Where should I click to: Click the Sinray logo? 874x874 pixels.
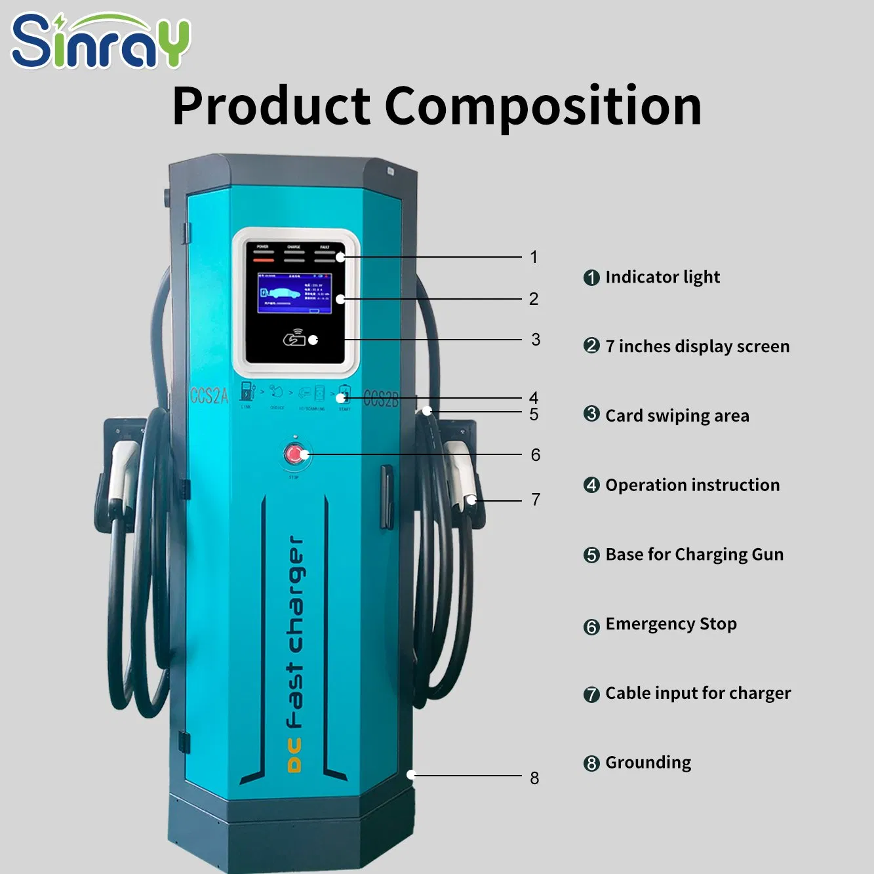pos(100,41)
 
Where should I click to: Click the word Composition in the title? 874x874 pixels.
pos(543,106)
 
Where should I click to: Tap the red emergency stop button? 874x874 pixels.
pos(294,454)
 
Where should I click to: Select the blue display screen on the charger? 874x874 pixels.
pos(294,292)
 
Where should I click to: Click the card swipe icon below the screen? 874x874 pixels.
pos(294,339)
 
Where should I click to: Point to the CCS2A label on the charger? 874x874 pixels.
pos(209,396)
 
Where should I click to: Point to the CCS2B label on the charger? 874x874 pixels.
pos(380,399)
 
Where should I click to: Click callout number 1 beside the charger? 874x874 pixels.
pos(534,257)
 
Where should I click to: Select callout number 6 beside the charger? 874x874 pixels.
pos(535,455)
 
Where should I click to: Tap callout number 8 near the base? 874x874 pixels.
pos(534,778)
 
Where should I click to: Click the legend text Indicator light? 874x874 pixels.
pos(662,277)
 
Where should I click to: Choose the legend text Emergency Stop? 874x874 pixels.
pos(671,624)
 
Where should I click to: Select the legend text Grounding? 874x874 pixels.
pos(648,763)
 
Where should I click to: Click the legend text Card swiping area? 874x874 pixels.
pos(677,416)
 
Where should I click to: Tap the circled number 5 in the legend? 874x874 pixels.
pos(591,555)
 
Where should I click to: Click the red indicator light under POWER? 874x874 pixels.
pos(263,260)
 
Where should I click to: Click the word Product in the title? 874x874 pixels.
pos(271,106)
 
